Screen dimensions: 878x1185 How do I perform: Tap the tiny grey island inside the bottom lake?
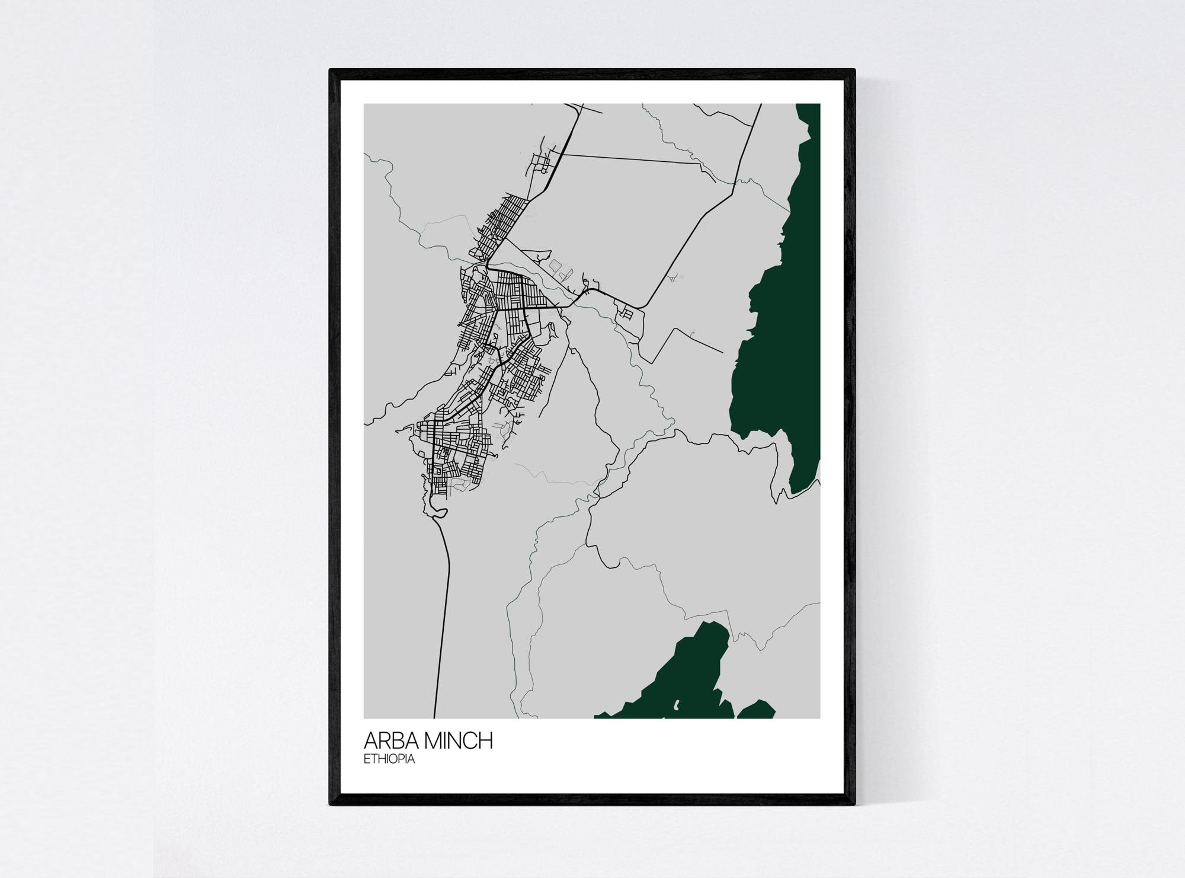click(676, 705)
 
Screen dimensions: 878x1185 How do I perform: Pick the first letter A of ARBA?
click(371, 742)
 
